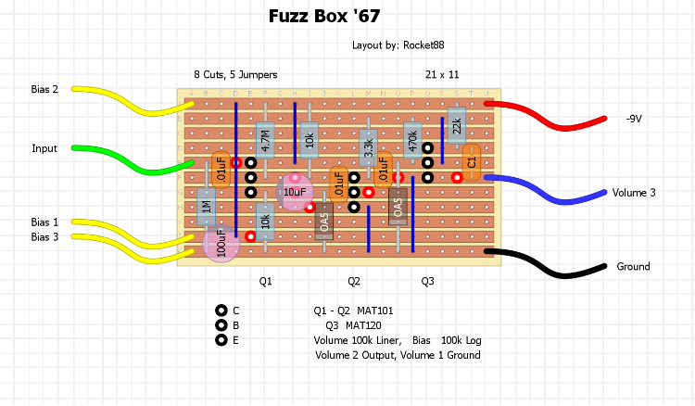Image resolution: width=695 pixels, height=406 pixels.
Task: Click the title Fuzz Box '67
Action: [x=323, y=16]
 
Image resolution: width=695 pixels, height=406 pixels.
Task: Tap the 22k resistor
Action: [x=456, y=125]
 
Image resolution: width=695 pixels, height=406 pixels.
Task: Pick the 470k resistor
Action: [x=412, y=140]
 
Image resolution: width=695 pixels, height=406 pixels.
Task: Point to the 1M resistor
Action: [x=207, y=207]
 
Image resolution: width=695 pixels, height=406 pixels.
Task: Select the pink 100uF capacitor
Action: [x=221, y=245]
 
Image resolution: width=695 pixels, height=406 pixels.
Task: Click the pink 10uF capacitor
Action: [x=294, y=192]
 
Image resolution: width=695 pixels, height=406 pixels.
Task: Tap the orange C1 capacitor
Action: [x=471, y=162]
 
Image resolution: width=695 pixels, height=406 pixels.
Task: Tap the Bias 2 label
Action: [x=44, y=90]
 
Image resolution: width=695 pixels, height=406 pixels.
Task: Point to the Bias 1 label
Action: [x=44, y=222]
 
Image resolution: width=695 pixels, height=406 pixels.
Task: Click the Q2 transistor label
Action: [x=354, y=280]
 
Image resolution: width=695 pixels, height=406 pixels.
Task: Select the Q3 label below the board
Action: [x=427, y=280]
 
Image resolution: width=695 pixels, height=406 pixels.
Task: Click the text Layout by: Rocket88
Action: [x=404, y=44]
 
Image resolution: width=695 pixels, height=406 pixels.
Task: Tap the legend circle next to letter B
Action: [x=221, y=325]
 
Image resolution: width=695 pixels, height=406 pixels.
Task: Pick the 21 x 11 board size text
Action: [x=442, y=74]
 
